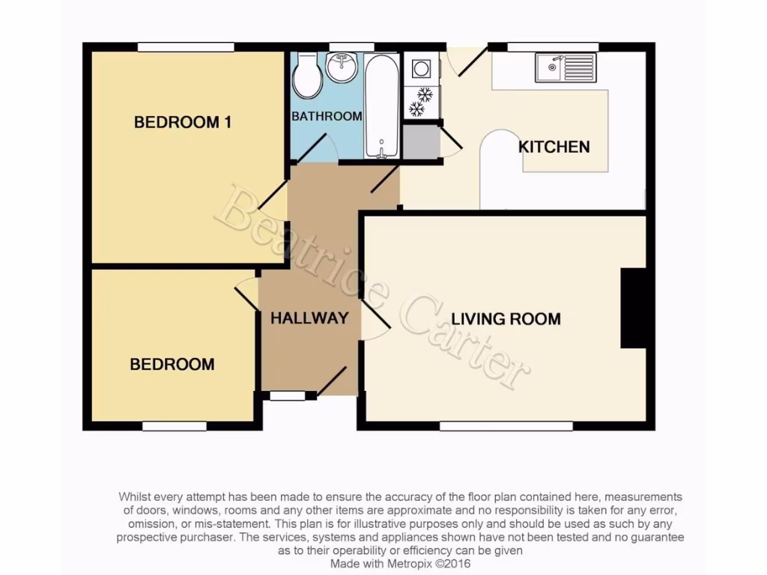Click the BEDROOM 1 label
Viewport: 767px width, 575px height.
[x=183, y=122]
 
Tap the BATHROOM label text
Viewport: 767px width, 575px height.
[x=327, y=117]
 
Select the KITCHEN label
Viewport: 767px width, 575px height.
[x=554, y=147]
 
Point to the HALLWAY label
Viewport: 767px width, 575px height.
[x=309, y=317]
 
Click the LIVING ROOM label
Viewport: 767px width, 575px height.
[x=506, y=319]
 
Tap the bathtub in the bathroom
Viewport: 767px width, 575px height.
[x=382, y=106]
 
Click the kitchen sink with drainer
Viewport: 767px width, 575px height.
[x=566, y=69]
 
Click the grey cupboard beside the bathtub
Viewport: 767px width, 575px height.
[x=421, y=141]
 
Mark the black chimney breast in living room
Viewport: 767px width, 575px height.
[x=633, y=308]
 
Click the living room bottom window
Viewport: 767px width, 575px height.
[x=506, y=426]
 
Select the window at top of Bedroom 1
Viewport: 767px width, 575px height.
[x=186, y=47]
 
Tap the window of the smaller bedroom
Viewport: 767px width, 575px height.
[x=175, y=426]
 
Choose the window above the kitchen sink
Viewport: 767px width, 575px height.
[x=553, y=47]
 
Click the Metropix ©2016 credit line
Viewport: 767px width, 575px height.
[x=401, y=562]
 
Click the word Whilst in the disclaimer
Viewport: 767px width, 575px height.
[x=136, y=497]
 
